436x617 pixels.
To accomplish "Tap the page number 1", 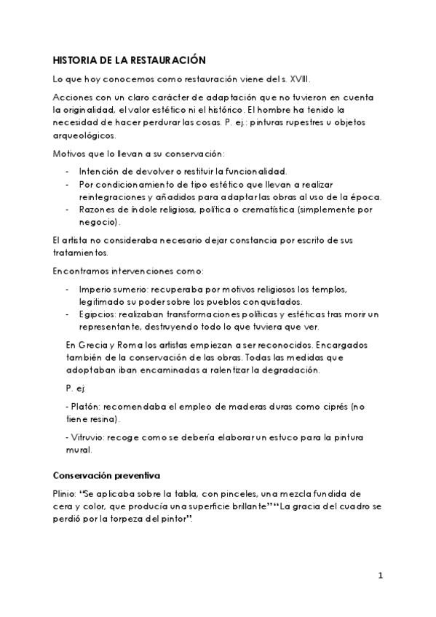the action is [380, 576].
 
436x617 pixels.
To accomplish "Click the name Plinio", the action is [65, 493].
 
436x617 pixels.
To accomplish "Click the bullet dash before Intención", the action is [68, 171].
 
